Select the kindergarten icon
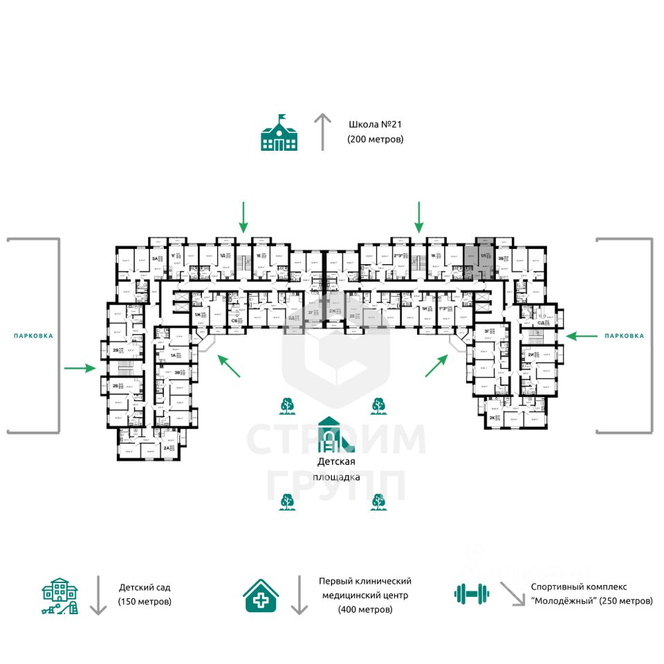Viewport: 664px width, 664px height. pos(60,596)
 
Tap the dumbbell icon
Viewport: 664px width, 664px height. pos(472,593)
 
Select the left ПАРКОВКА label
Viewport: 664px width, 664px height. pos(33,335)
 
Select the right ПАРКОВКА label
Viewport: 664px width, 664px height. pos(624,335)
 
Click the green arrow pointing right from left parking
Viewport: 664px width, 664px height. pos(80,368)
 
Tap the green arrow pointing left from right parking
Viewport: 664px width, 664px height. pos(580,335)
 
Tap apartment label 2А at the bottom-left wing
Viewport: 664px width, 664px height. pos(166,448)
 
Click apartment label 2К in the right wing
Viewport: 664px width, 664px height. pos(492,418)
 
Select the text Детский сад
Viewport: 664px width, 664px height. pos(144,587)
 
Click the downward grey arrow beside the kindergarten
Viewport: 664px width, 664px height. pos(98,594)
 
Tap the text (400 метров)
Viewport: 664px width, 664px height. pos(365,609)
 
